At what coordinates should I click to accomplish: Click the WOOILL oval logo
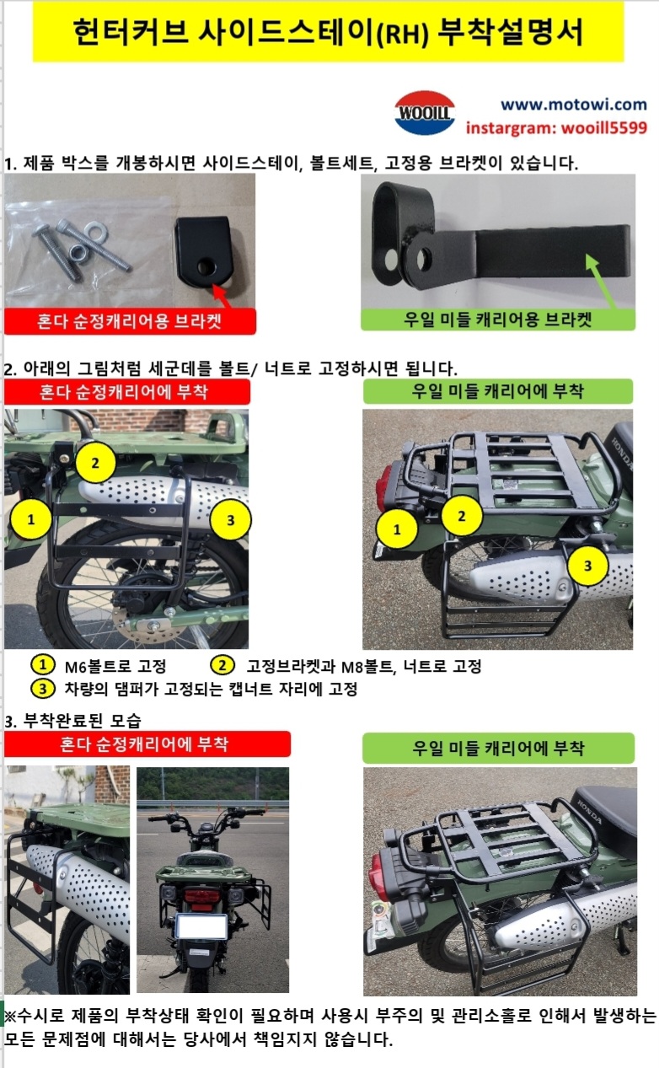coord(425,112)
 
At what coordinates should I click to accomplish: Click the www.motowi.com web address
coord(574,104)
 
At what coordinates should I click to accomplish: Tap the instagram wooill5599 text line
coord(556,128)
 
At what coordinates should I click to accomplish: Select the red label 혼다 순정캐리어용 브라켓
coord(130,321)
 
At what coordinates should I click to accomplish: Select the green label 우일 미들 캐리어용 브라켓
coord(498,319)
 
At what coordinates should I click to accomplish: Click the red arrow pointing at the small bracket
coord(221,296)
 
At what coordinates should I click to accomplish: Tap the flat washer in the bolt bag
coord(96,231)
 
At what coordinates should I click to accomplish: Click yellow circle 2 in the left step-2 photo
coord(95,463)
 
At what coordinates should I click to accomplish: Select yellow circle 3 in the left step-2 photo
coord(231,520)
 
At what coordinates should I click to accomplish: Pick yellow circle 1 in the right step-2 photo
coord(397,529)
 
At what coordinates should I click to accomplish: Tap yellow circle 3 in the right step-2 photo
coord(587,566)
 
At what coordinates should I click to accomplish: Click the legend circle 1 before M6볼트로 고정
coord(42,664)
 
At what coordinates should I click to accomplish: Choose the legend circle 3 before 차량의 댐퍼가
coord(42,689)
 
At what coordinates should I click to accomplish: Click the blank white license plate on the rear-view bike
coord(201,926)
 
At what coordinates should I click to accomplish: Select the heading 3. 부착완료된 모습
coord(73,721)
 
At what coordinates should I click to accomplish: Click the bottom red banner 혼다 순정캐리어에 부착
coord(147,744)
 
